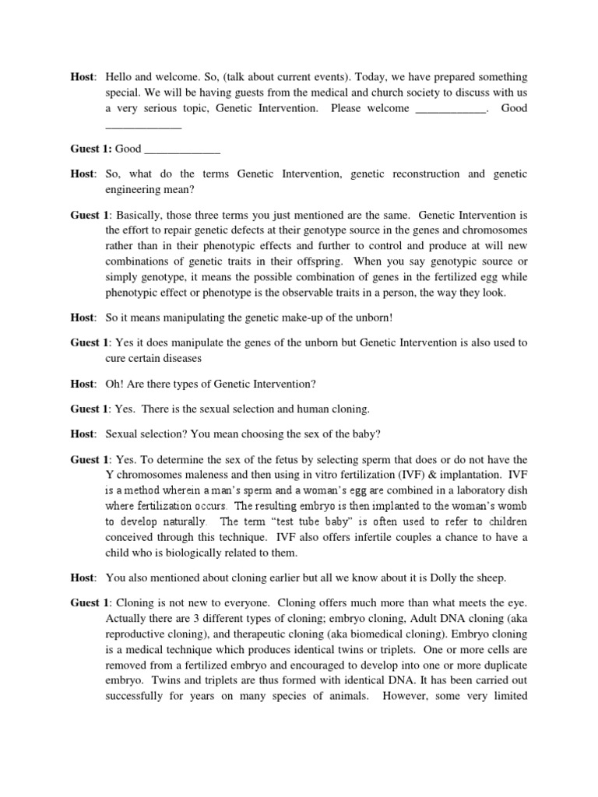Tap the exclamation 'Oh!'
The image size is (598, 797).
[116, 384]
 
